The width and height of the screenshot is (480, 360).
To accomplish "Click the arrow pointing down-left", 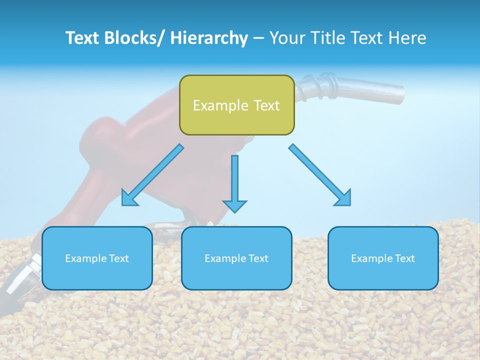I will pos(152,175).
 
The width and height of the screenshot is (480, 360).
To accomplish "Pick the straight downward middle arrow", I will pos(234,180).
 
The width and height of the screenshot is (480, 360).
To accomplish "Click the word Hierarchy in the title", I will pos(208,38).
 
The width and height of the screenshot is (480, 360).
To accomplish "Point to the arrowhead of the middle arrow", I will pos(234,205).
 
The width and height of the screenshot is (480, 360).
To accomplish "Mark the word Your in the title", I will pos(286,38).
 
